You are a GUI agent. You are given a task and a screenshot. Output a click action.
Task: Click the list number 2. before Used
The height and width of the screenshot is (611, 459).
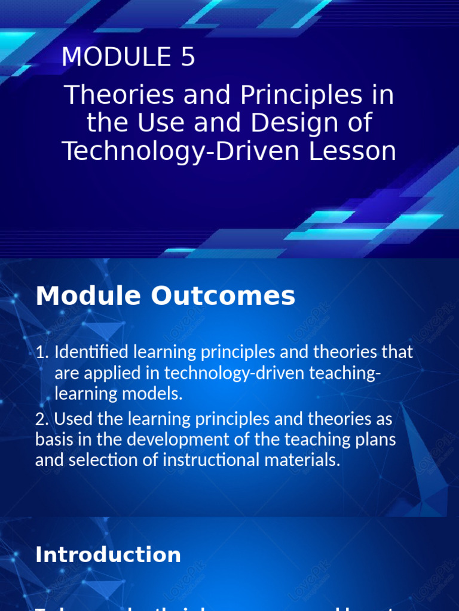point(43,419)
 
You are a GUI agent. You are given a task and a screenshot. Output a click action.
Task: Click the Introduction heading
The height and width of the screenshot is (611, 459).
point(108,555)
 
